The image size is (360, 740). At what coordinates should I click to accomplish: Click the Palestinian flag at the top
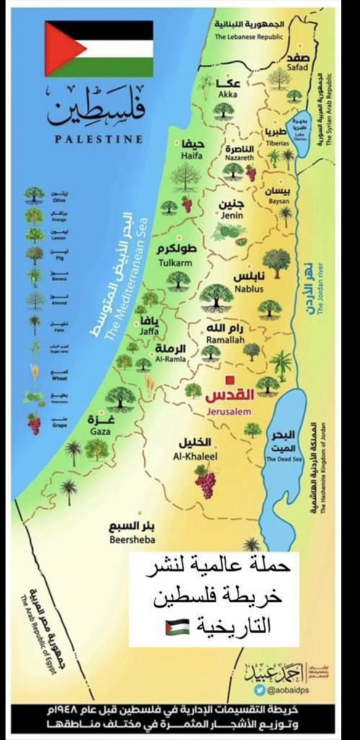(99, 49)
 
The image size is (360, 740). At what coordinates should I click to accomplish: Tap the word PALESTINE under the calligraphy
(99, 139)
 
